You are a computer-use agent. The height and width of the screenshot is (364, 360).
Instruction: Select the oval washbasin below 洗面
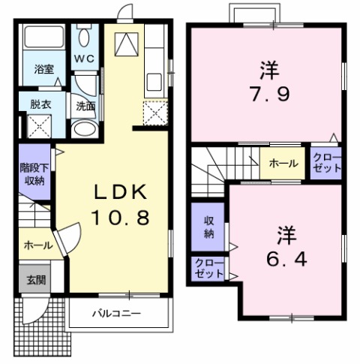point(83,128)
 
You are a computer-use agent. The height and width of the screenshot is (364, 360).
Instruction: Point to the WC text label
point(83,59)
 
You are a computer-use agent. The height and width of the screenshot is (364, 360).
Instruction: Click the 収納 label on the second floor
point(208,227)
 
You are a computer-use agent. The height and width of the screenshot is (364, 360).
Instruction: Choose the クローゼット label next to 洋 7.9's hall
point(326,163)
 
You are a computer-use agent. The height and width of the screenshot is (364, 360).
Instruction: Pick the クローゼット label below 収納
point(208,268)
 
